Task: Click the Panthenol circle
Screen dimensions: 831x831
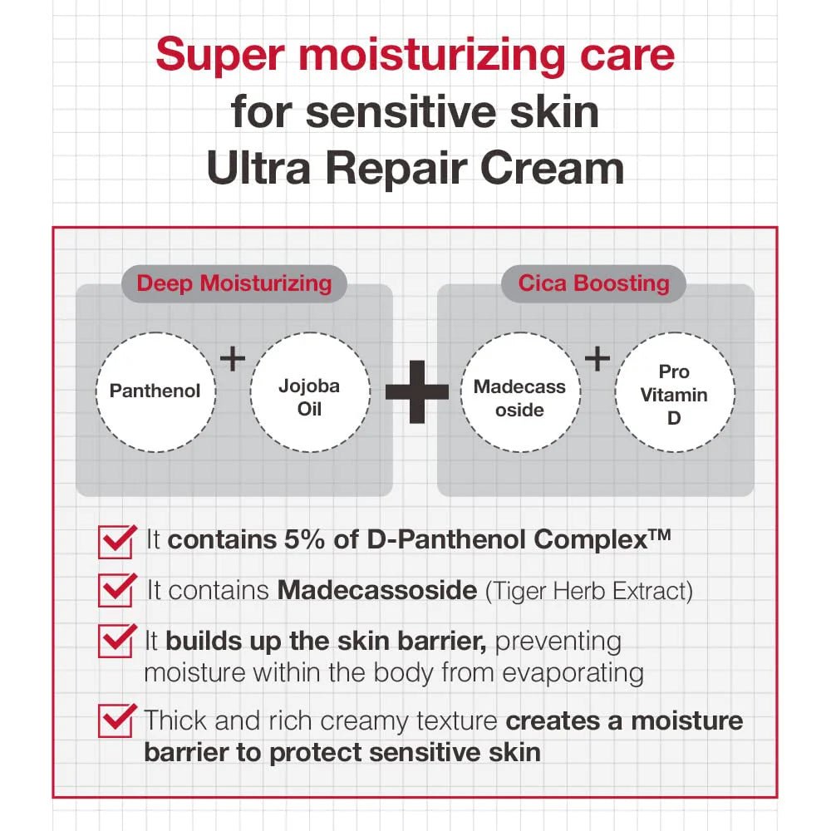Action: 155,391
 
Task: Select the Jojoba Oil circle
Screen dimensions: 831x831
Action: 310,392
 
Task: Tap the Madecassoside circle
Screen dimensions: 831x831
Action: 520,392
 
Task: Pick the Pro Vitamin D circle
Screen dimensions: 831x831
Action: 674,392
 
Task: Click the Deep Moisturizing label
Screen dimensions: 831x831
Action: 234,283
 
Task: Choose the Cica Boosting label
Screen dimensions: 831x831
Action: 593,283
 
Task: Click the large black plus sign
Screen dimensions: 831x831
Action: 417,391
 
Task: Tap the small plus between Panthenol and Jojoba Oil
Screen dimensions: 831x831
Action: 233,359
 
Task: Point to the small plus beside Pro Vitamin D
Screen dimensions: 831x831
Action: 597,359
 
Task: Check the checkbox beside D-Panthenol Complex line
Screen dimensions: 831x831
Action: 115,542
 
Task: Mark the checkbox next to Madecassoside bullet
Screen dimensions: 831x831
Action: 115,591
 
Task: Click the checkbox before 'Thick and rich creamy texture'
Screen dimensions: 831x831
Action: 115,720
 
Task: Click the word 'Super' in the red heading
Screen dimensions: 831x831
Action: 214,55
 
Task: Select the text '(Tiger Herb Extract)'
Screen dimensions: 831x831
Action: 588,591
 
